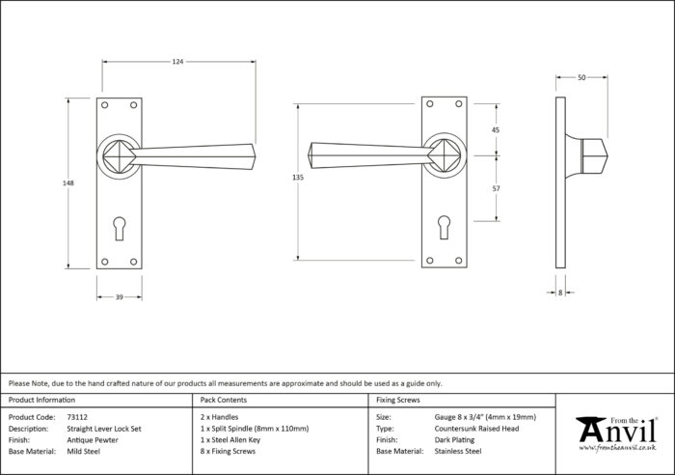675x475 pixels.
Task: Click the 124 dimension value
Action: pyautogui.click(x=177, y=62)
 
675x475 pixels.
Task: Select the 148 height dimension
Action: pyautogui.click(x=68, y=182)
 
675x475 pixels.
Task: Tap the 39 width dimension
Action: pyautogui.click(x=120, y=296)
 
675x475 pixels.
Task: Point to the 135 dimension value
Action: pyautogui.click(x=298, y=177)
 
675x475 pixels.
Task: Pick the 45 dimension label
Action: pyautogui.click(x=496, y=129)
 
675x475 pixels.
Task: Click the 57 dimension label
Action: pyautogui.click(x=496, y=188)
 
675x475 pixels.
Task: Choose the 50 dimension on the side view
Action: pyautogui.click(x=581, y=77)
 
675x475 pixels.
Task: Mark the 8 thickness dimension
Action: pyautogui.click(x=560, y=293)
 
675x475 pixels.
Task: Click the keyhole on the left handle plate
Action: pyautogui.click(x=120, y=228)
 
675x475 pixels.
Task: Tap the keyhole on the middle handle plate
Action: pyautogui.click(x=445, y=227)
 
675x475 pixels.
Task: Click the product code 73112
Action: pyautogui.click(x=77, y=417)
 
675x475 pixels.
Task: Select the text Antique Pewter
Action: pyautogui.click(x=93, y=440)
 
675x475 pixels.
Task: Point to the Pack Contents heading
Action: pyautogui.click(x=224, y=400)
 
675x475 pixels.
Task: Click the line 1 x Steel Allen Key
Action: pyautogui.click(x=230, y=440)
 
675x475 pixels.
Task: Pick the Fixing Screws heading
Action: pyautogui.click(x=398, y=400)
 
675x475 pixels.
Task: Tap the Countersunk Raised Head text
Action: pyautogui.click(x=476, y=429)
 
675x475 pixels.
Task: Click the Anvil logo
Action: pyautogui.click(x=616, y=434)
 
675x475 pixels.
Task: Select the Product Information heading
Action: pyautogui.click(x=41, y=400)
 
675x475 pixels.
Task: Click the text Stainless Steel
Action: pyautogui.click(x=458, y=451)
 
